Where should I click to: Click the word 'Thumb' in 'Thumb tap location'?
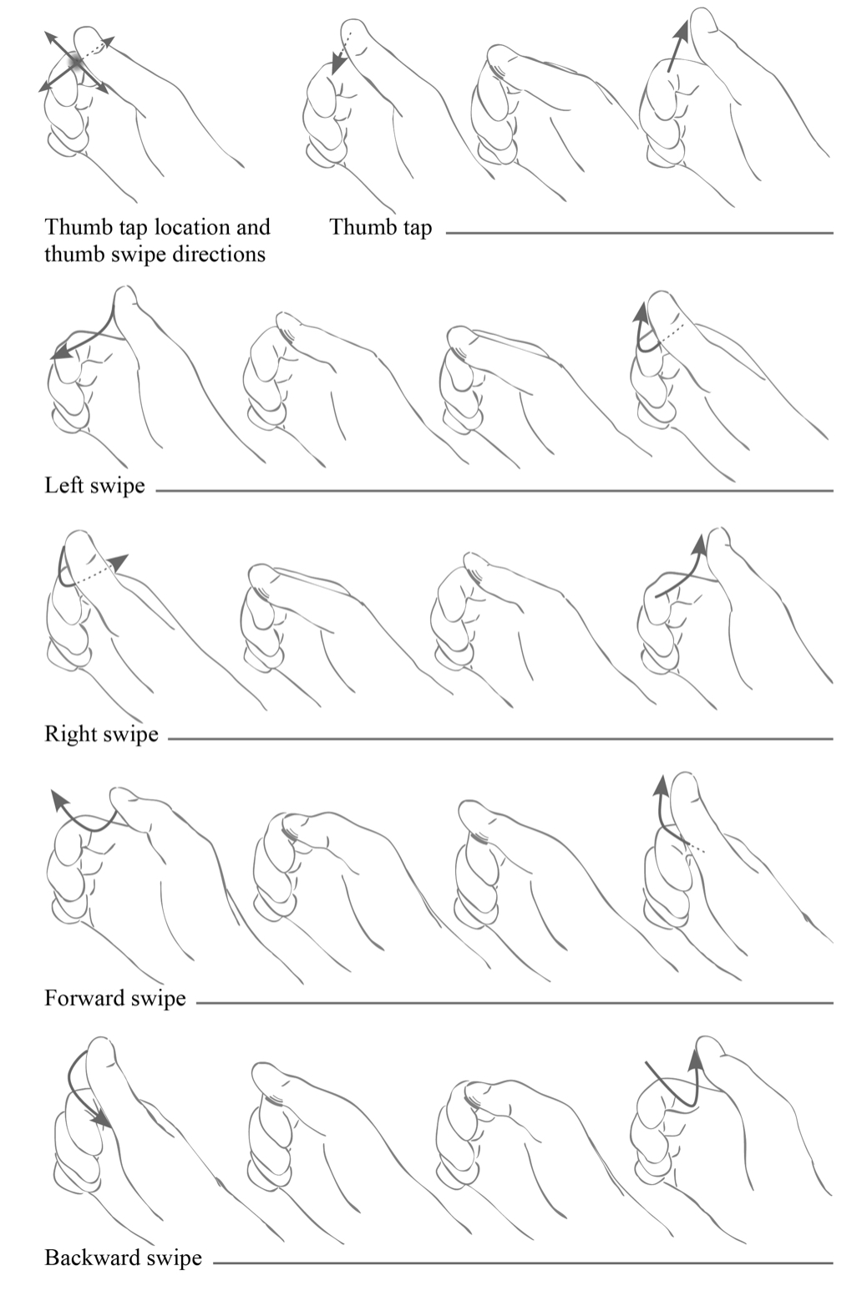[x=74, y=226]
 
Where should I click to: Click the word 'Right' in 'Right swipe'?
[x=69, y=734]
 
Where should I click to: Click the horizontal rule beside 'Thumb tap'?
[x=639, y=233]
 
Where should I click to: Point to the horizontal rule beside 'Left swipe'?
[x=494, y=491]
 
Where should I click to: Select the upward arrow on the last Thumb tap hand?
[x=677, y=45]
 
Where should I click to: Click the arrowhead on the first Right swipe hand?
[x=119, y=562]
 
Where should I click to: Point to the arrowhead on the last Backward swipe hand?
[x=694, y=1060]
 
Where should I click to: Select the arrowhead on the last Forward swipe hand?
[x=660, y=786]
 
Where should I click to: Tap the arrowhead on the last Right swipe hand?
[x=700, y=544]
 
